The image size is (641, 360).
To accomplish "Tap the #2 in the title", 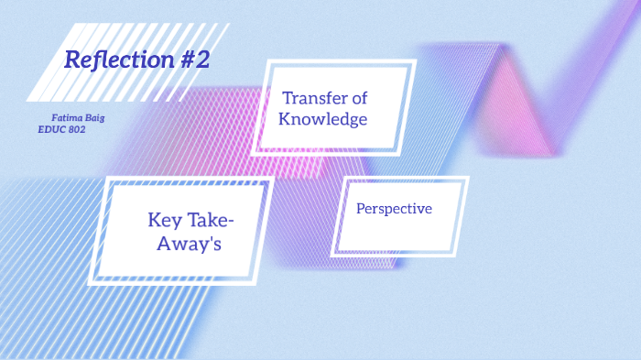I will tap(192, 60).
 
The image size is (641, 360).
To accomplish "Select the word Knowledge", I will tap(324, 119).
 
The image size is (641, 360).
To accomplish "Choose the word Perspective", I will tap(394, 209).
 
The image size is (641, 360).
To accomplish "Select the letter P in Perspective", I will tap(361, 209).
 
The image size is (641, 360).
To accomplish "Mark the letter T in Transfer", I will tap(288, 98).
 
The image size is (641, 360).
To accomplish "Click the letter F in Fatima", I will tap(55, 118).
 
